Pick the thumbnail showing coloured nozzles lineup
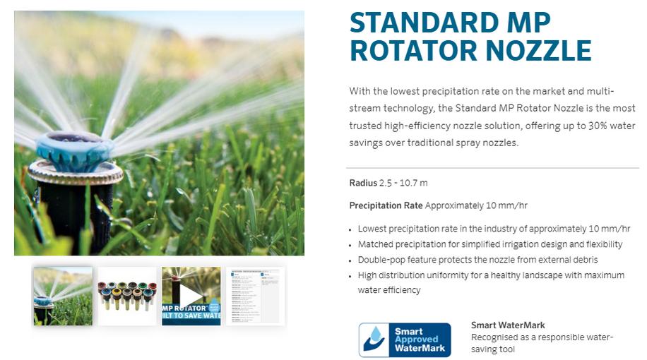(x=126, y=296)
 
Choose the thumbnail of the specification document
(x=255, y=296)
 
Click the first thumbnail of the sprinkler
(x=62, y=296)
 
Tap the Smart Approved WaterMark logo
(x=404, y=340)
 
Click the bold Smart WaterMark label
(x=508, y=325)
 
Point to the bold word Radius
(x=363, y=184)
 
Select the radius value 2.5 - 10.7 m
(x=403, y=184)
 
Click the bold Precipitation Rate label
(x=386, y=206)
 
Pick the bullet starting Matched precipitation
(x=489, y=244)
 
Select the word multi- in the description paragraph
(x=601, y=92)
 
